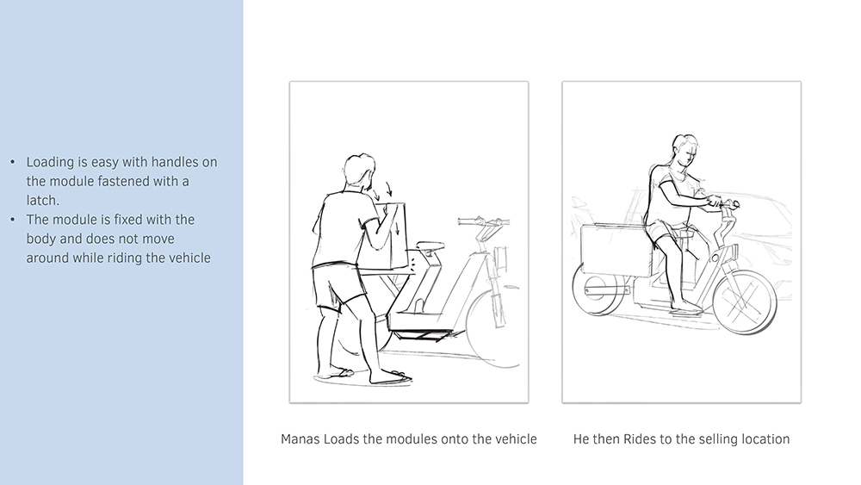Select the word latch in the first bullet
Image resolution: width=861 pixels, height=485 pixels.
pyautogui.click(x=41, y=201)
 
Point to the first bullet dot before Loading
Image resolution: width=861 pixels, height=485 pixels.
pyautogui.click(x=13, y=162)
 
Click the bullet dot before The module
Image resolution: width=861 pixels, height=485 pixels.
pyautogui.click(x=13, y=220)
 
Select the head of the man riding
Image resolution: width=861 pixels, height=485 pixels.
pyautogui.click(x=684, y=149)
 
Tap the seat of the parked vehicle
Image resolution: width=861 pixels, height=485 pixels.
pyautogui.click(x=430, y=246)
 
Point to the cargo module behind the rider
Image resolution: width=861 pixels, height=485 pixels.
pyautogui.click(x=615, y=250)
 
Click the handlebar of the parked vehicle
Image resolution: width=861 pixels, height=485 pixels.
pyautogui.click(x=483, y=222)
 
